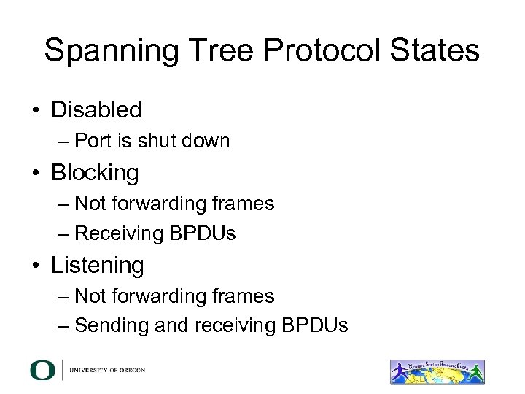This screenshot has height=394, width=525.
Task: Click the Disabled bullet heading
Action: coord(96,110)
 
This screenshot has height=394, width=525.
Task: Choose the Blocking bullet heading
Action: coord(94,173)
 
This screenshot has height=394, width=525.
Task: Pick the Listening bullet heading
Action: coord(97,266)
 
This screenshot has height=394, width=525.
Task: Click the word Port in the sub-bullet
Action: coord(92,141)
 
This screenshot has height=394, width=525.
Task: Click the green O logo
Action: coord(42,371)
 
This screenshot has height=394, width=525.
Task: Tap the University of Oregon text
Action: coord(107,371)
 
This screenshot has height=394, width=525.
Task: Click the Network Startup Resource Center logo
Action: coord(437,371)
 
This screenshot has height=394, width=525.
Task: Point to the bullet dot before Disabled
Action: coord(35,111)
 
